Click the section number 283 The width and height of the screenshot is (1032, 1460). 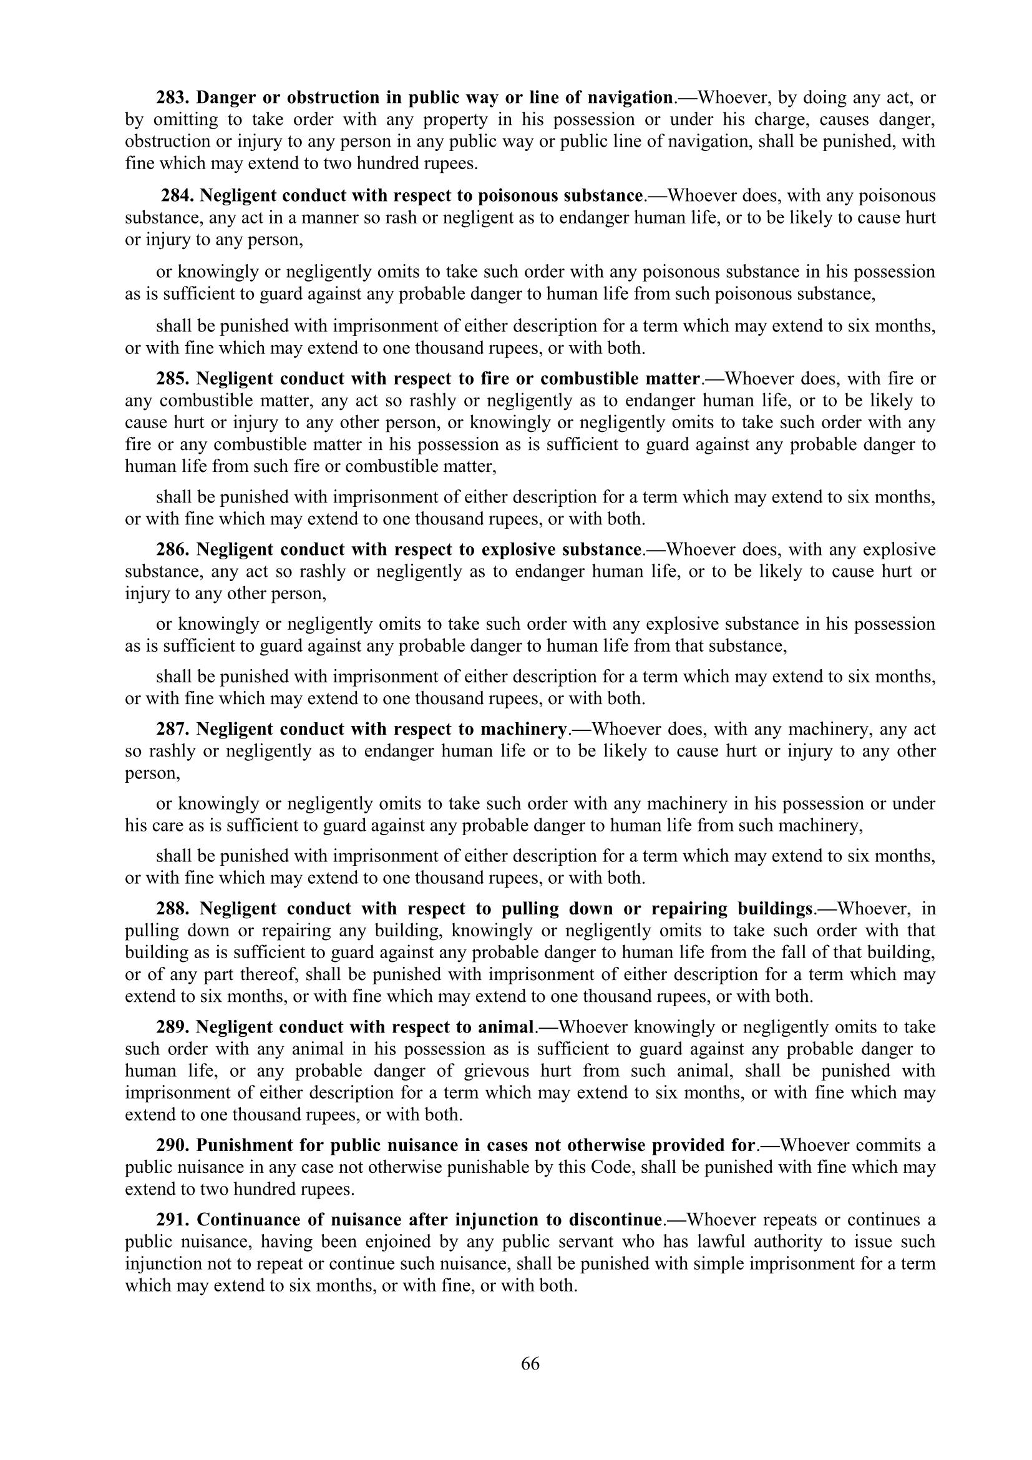[x=173, y=97]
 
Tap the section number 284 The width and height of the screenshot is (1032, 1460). [x=177, y=195]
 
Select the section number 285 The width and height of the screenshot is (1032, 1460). [x=173, y=378]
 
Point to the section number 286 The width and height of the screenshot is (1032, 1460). [x=173, y=549]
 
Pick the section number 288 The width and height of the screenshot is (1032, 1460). [x=173, y=908]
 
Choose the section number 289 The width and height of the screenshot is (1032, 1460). [x=173, y=1027]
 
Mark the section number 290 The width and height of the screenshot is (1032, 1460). [x=173, y=1145]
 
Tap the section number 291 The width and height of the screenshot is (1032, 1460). [x=173, y=1220]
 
